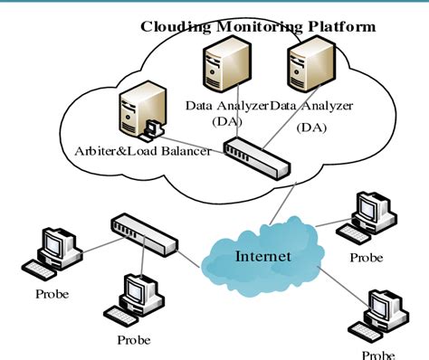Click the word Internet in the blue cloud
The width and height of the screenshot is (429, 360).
pos(262,256)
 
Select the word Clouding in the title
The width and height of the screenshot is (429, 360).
pos(174,26)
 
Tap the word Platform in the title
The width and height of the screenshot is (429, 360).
pos(341,26)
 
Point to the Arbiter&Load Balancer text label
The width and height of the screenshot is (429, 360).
pos(144,151)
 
